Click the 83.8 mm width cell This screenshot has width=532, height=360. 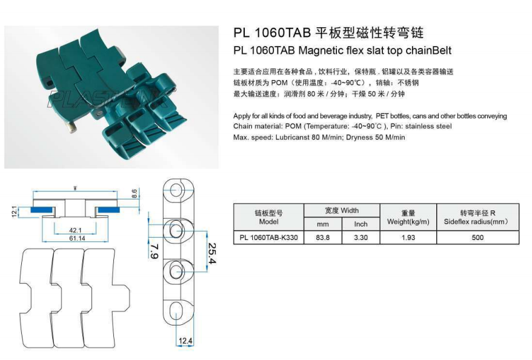(323, 238)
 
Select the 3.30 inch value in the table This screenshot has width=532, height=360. (361, 238)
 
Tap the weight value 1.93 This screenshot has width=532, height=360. (408, 238)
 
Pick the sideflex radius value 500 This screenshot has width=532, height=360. (477, 238)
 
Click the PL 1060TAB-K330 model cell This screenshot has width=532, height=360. (268, 238)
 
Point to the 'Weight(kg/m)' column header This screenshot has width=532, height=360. (408, 218)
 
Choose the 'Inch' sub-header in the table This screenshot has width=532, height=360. (361, 224)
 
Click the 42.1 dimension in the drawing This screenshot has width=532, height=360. (76, 230)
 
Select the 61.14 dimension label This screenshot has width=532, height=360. (76, 239)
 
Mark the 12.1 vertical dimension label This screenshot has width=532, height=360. (14, 211)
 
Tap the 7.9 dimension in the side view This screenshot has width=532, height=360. (154, 250)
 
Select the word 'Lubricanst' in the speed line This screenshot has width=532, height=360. (289, 137)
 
